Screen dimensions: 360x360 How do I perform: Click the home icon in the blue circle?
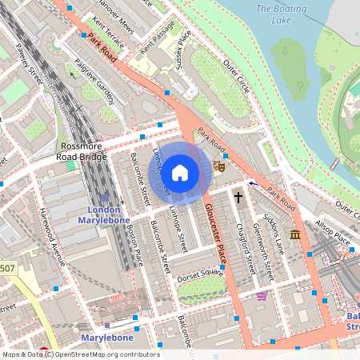(180, 173)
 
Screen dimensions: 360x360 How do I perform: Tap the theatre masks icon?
(218, 166)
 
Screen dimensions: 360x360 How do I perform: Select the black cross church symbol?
(238, 196)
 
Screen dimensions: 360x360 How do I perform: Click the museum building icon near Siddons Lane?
(295, 234)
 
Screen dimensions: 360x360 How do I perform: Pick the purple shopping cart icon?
(262, 295)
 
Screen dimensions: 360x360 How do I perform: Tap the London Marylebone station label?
(103, 214)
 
